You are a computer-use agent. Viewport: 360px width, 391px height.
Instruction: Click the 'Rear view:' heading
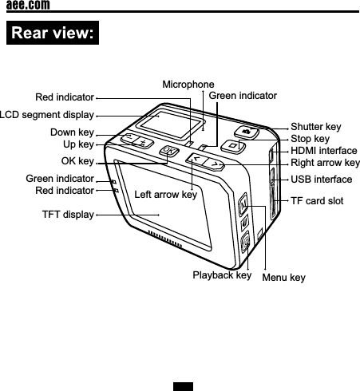pos(52,34)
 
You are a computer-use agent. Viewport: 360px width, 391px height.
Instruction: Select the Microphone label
pos(188,84)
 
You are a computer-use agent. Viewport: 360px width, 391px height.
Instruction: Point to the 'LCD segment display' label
pos(46,115)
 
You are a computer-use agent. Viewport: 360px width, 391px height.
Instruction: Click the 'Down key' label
pos(72,132)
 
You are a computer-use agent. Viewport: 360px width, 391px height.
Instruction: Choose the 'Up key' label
pos(78,144)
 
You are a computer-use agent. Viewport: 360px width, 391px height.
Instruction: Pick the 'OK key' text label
pos(77,160)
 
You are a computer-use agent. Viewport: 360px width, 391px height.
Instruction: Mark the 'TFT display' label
pos(68,214)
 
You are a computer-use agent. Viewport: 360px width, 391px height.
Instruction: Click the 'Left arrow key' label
pos(165,195)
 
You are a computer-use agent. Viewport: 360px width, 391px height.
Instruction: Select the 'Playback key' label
pos(222,275)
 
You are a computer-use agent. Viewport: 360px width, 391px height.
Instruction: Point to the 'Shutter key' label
pos(315,127)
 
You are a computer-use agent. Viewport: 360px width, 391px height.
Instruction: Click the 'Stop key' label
pos(310,139)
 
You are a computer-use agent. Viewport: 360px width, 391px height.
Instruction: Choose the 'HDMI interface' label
pos(324,150)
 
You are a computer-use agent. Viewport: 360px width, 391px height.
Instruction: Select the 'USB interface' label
pos(321,180)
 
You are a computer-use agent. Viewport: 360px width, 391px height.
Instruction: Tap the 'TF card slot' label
pos(317,200)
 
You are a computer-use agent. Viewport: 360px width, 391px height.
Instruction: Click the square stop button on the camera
pos(231,145)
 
